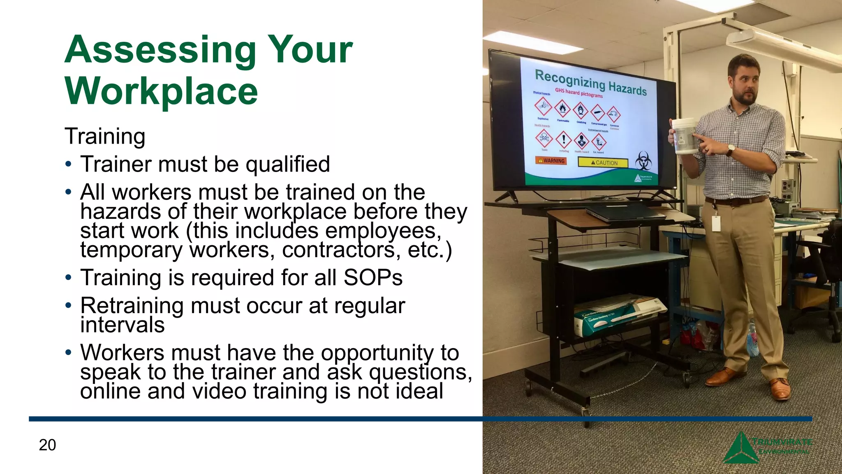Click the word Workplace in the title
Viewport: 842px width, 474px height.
[161, 91]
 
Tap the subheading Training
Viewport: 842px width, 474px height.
[105, 136]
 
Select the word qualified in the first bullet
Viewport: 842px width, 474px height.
[288, 164]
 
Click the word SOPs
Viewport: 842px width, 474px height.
[373, 277]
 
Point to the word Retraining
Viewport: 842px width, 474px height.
[132, 306]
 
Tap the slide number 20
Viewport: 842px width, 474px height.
[47, 445]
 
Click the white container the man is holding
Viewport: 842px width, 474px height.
[684, 136]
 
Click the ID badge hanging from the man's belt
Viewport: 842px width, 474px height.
[716, 223]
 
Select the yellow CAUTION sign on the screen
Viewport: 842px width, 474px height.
[603, 163]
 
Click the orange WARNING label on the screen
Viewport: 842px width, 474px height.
[551, 160]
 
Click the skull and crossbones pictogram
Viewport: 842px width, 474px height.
[544, 138]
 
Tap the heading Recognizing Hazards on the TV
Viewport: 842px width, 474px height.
[590, 82]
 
